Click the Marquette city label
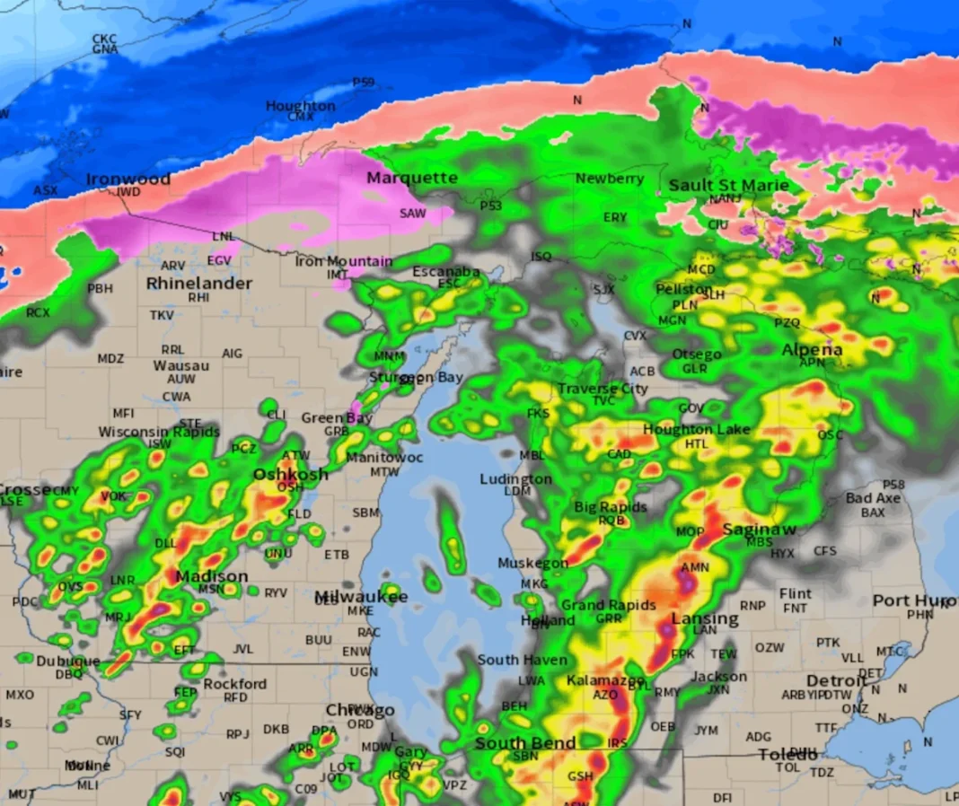(412, 178)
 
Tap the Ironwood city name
(128, 179)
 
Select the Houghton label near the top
(300, 106)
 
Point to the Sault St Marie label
(729, 186)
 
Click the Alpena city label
(813, 349)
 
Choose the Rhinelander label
(199, 283)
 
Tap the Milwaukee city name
(361, 597)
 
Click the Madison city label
(212, 576)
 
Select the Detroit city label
(837, 680)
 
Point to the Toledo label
(787, 754)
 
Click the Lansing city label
(705, 618)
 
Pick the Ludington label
(515, 478)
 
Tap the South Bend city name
(525, 743)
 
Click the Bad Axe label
(873, 498)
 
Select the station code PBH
(101, 288)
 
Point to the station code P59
(363, 82)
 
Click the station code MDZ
(110, 358)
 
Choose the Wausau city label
(180, 366)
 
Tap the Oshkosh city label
(290, 474)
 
